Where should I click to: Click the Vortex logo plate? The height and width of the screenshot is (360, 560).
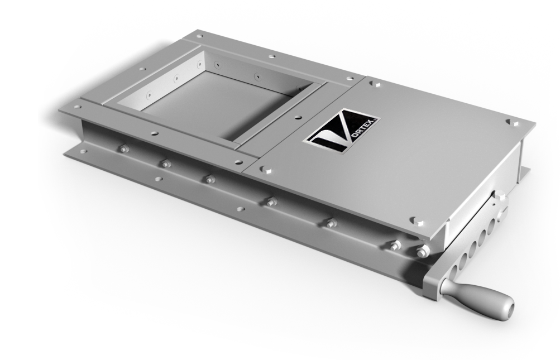pos(342,131)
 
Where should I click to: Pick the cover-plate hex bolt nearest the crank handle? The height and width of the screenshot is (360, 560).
pos(416,221)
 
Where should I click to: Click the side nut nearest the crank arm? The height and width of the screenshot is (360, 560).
pos(422,251)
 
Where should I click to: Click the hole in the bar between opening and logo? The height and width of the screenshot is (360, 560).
pos(297,117)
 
